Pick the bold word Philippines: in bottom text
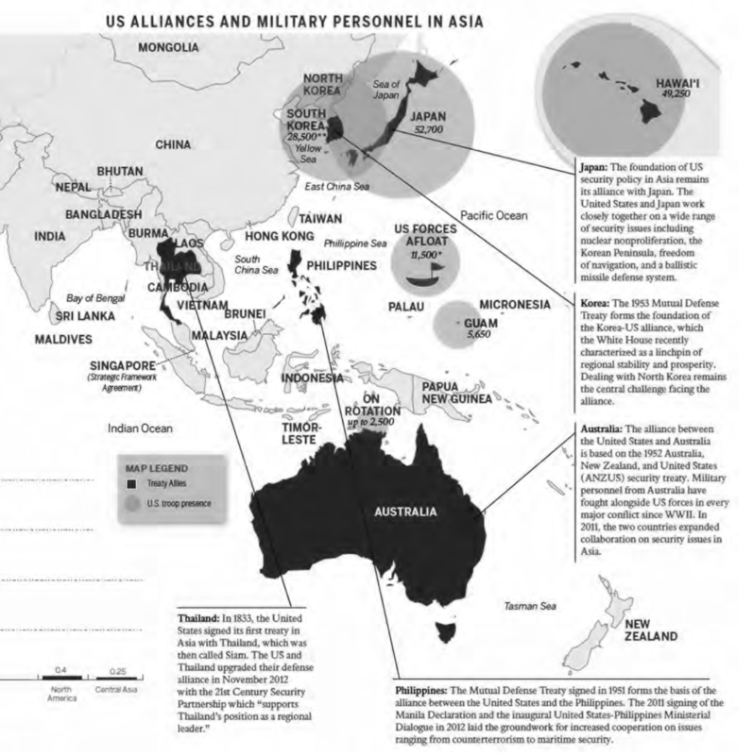(429, 691)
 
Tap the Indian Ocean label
(141, 428)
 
